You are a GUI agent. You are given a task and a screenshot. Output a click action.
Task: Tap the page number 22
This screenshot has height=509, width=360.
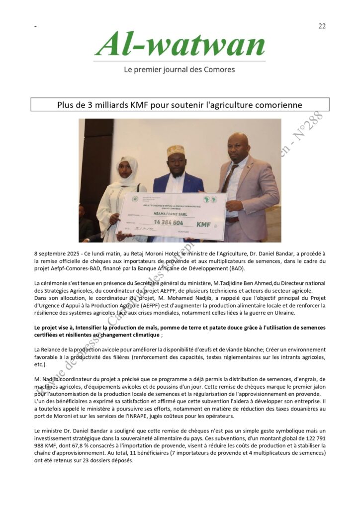click(x=322, y=26)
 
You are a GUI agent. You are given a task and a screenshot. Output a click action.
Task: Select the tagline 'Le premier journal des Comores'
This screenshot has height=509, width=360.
click(x=180, y=70)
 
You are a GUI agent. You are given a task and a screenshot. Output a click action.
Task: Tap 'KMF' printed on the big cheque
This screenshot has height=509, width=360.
click(x=203, y=224)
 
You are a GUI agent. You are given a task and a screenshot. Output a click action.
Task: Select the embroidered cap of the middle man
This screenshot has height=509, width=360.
click(x=176, y=150)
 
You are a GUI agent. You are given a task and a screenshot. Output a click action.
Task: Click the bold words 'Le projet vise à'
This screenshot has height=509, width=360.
click(x=54, y=328)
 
